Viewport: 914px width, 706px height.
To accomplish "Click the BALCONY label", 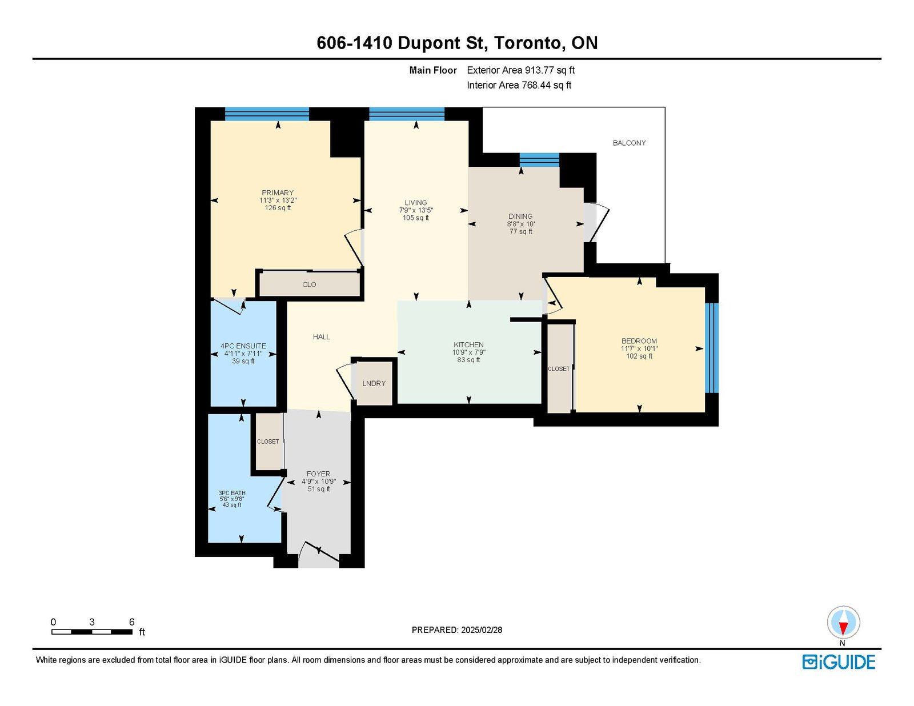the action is coord(629,143).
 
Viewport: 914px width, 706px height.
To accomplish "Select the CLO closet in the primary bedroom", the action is coord(309,284).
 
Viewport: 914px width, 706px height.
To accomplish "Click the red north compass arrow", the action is coord(843,628).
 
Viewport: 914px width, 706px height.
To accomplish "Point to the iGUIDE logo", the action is coord(839,662).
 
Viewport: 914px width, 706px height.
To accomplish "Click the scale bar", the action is coord(92,632).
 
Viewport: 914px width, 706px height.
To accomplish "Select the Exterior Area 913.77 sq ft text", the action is coord(521,70).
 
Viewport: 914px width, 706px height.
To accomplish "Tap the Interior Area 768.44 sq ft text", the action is coord(519,85).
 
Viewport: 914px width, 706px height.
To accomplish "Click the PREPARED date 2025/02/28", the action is coord(481,630).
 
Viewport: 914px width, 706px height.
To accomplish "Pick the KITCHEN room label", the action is coord(468,345).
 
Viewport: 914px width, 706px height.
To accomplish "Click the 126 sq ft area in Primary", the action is coord(278,208).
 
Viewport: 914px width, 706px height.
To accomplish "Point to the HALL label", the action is coord(322,337).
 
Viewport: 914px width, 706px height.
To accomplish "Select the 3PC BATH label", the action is coord(232,494).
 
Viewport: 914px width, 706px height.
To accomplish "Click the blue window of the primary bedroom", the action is coord(267,114).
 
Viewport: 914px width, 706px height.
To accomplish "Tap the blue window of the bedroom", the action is coord(712,348).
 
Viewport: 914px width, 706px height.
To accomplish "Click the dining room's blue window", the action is coord(539,160).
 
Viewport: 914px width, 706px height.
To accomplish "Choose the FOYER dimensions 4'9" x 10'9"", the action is coord(318,482).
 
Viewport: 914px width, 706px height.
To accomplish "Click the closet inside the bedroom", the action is coord(559,368).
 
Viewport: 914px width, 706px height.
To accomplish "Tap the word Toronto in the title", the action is coord(528,43).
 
